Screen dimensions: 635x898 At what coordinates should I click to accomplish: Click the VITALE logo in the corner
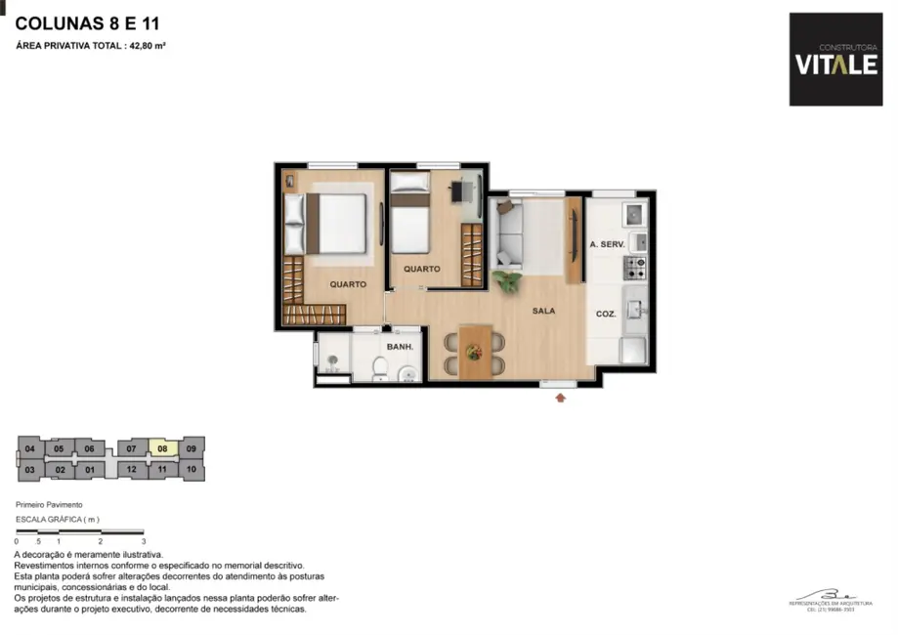pos(835,60)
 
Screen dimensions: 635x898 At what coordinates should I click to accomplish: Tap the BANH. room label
pos(400,347)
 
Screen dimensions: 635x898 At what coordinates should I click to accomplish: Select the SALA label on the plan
pos(544,311)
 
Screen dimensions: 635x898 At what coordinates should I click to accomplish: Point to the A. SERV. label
pos(606,244)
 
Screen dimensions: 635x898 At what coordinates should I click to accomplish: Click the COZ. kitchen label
pos(606,315)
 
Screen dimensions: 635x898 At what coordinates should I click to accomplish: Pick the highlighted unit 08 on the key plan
pos(163,449)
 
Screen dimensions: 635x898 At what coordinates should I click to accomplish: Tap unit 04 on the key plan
pos(30,449)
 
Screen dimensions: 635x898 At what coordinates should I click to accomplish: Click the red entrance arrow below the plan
pos(560,397)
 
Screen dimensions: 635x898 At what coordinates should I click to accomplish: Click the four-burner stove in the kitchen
pos(635,264)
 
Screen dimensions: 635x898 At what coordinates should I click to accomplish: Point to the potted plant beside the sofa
pos(507,281)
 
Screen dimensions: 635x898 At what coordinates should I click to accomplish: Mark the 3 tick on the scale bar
pos(144,540)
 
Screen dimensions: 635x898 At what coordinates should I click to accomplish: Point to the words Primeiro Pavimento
pos(49,504)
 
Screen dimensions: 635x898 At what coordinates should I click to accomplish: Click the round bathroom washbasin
pos(406,371)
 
